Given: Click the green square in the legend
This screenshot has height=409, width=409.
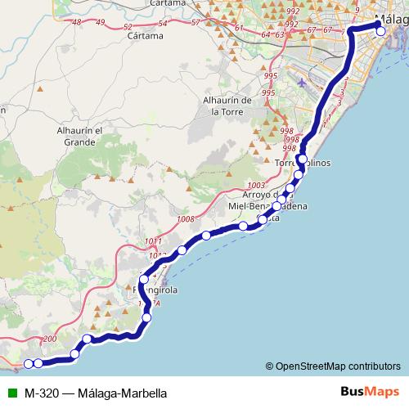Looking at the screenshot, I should point(10,393).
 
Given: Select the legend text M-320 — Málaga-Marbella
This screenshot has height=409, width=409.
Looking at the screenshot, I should point(96,393).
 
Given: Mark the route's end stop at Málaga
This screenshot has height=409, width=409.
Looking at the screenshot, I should point(380,31).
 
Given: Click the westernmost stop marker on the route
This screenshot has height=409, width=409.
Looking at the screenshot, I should point(29,364).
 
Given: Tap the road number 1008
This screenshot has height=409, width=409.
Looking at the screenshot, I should point(186,219).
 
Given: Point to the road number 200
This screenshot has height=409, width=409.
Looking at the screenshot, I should point(48,339).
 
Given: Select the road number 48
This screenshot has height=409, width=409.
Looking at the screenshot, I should point(77,23).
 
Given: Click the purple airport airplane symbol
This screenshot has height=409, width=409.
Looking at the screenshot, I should point(304,83).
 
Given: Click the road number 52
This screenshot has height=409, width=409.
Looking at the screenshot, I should point(128,28).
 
